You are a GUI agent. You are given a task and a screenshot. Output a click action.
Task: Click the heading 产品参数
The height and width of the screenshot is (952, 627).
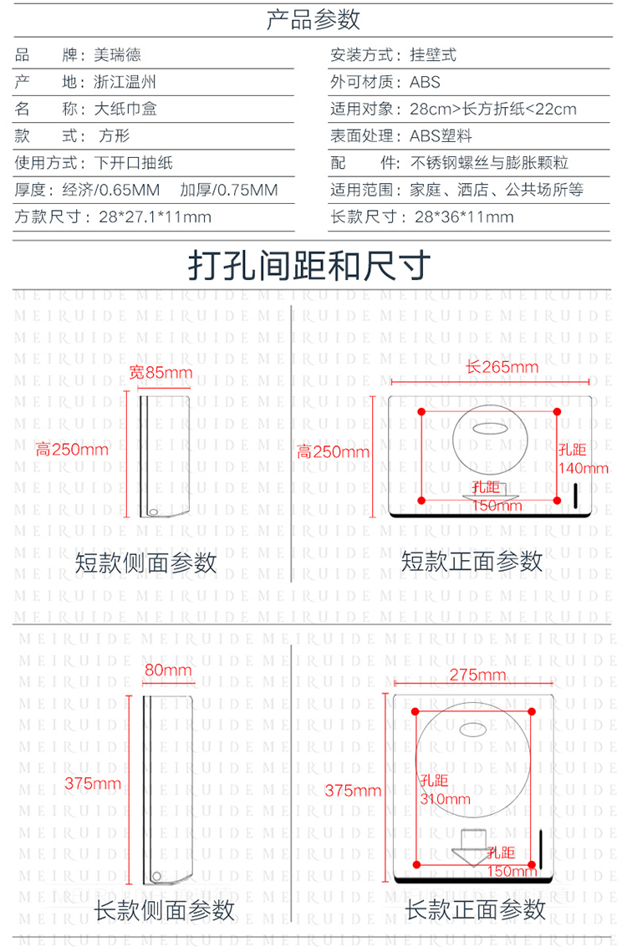pos(313,19)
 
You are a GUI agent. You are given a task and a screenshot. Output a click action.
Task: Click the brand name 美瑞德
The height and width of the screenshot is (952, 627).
pos(117,55)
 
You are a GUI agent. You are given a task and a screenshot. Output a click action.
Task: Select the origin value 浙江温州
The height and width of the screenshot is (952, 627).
pos(125,82)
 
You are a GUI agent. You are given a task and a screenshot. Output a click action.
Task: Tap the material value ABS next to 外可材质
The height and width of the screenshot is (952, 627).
pos(425,82)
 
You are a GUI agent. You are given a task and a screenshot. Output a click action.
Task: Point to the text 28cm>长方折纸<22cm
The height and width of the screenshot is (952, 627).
pos(493,109)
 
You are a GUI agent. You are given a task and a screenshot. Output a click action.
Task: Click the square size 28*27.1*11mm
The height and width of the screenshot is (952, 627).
pos(155,216)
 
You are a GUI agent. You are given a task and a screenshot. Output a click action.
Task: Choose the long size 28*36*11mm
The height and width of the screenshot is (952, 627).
pos(464,216)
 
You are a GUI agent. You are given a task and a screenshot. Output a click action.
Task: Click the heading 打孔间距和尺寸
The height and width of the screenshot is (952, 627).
pos(309,265)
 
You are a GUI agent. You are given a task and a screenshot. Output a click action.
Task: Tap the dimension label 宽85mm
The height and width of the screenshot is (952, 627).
pos(161,372)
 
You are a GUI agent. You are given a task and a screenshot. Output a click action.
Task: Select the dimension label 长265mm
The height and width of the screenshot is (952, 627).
pos(502,367)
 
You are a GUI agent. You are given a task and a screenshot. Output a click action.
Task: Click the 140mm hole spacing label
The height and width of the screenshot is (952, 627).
pos(584,468)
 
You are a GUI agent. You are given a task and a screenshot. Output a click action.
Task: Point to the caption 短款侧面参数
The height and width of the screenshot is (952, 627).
pos(145,563)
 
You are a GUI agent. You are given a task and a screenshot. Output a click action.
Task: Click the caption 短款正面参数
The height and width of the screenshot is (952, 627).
pos(472,561)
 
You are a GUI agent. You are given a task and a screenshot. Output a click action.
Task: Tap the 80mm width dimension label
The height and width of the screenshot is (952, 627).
pos(168,669)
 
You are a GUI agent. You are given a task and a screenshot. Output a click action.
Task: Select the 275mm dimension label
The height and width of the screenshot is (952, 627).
pos(477,675)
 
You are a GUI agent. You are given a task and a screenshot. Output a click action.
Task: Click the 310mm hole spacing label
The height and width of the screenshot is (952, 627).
pos(446,799)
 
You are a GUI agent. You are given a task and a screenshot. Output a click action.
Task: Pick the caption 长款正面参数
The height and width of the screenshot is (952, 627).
pos(476,909)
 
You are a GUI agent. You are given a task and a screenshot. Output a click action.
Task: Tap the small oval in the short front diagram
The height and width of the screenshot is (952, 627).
pos(490,428)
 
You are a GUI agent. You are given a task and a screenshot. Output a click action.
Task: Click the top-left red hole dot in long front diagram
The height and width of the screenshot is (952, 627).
pos(415,711)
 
